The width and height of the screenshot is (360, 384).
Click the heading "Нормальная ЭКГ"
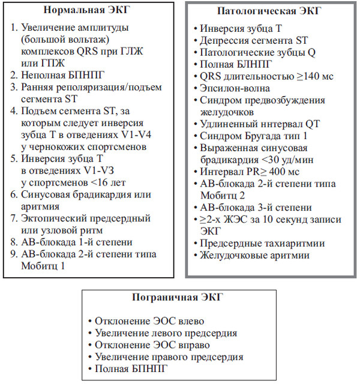[89, 10]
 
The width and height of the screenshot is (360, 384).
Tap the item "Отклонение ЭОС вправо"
[151, 345]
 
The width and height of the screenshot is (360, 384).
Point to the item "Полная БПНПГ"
[133, 369]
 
